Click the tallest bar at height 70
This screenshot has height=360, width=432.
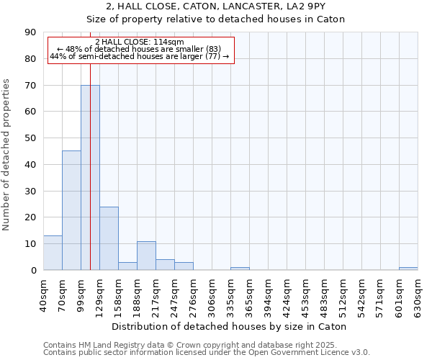(x=90, y=177)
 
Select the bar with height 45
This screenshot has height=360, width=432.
(x=71, y=210)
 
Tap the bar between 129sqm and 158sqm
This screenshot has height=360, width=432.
(x=109, y=238)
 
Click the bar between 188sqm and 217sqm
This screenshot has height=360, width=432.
(x=146, y=256)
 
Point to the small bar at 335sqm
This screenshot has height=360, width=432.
(x=240, y=269)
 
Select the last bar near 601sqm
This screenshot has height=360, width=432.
(x=408, y=269)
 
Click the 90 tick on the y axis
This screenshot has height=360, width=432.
(x=30, y=32)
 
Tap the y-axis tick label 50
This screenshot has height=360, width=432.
(x=30, y=138)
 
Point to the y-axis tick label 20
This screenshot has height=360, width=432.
(x=30, y=217)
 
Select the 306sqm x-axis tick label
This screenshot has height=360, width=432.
(x=212, y=293)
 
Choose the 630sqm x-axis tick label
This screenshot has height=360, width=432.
(x=418, y=293)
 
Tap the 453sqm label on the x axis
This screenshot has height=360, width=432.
(x=305, y=293)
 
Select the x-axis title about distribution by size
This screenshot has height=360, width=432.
(x=230, y=326)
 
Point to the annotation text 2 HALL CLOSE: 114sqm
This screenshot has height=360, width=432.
(x=140, y=42)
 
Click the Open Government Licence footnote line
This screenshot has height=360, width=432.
(x=207, y=352)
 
